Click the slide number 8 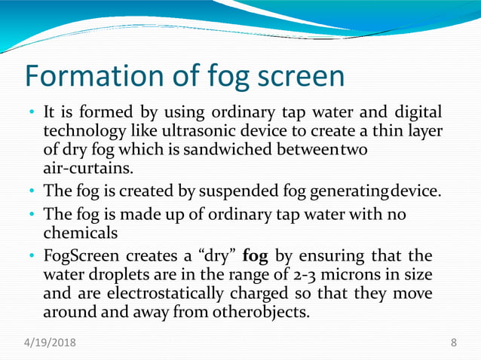pos(453,343)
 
